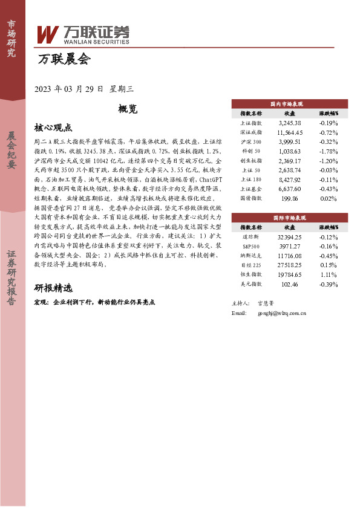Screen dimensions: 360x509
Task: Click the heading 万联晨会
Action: [64, 59]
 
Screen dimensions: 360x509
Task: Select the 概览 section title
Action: [128, 109]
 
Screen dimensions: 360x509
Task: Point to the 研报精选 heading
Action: [53, 288]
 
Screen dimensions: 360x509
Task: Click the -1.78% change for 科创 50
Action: [329, 151]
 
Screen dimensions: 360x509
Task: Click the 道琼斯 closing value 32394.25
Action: [289, 236]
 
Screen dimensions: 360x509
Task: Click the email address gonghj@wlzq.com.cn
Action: [282, 313]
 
